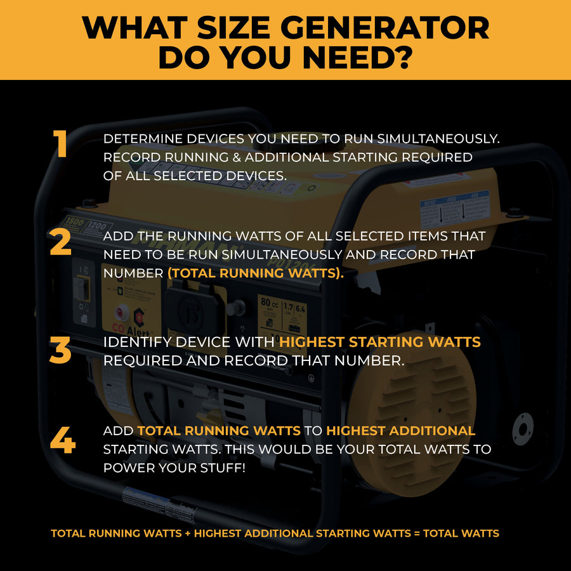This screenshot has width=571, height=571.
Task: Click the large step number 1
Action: [60, 144]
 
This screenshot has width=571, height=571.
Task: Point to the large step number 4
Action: [62, 440]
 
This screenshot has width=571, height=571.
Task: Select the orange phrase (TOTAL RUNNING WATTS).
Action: [254, 272]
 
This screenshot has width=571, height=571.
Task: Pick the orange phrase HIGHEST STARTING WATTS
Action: [380, 342]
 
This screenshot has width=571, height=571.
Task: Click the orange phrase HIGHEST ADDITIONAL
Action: [400, 431]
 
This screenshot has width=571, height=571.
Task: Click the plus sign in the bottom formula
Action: [188, 534]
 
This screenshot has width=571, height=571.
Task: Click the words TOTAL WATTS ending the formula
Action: [461, 534]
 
